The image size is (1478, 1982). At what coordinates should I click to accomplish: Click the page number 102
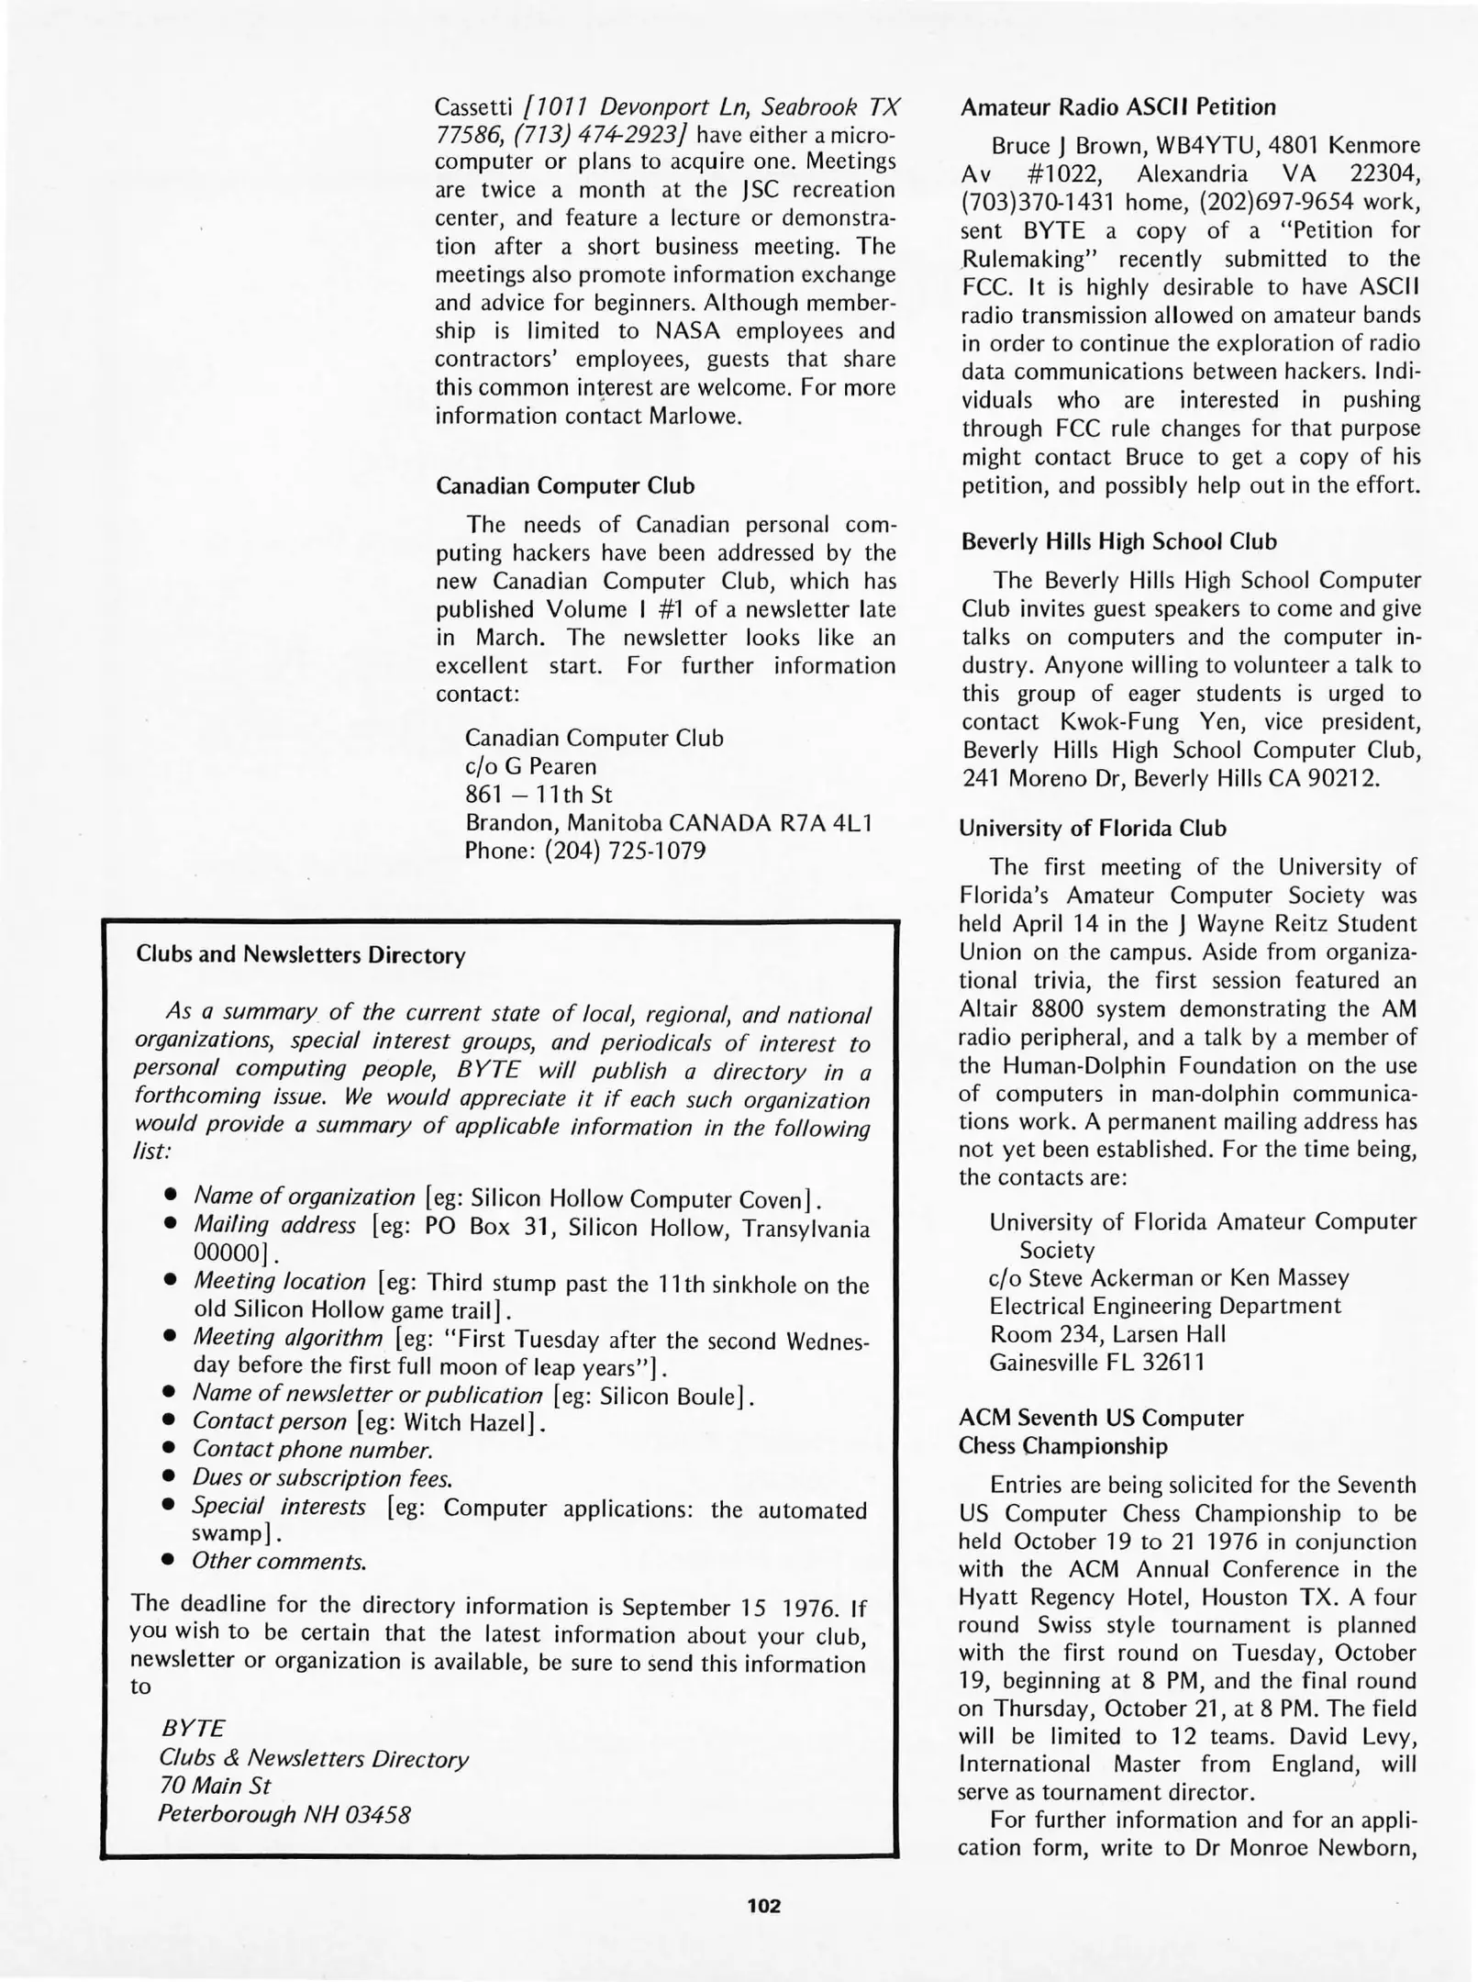pyautogui.click(x=763, y=1906)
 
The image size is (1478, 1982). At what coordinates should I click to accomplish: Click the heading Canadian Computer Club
pyautogui.click(x=564, y=485)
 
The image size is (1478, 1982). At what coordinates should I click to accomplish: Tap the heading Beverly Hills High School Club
pyautogui.click(x=1118, y=541)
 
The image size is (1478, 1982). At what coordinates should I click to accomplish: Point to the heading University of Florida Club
pyautogui.click(x=1092, y=828)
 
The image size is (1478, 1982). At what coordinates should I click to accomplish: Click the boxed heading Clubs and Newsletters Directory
pyautogui.click(x=300, y=954)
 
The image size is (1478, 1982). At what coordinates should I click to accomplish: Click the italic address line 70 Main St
pyautogui.click(x=215, y=1786)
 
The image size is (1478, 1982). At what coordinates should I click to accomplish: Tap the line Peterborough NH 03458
pyautogui.click(x=284, y=1814)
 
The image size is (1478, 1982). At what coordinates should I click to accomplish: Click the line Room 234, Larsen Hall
pyautogui.click(x=1106, y=1334)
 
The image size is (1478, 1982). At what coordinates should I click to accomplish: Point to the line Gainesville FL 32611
pyautogui.click(x=1096, y=1363)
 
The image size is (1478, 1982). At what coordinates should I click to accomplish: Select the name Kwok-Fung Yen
pyautogui.click(x=1156, y=722)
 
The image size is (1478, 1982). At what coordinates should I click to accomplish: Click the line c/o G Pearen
pyautogui.click(x=530, y=766)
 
